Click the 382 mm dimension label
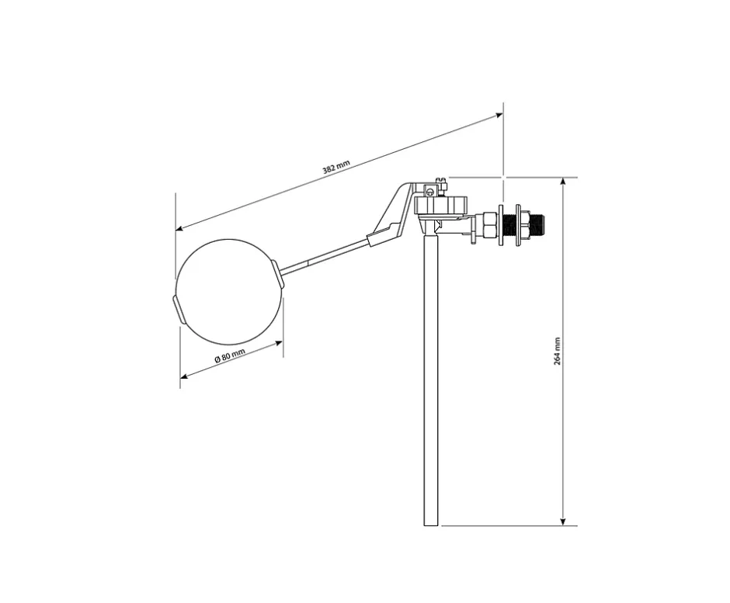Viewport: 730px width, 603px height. [335, 167]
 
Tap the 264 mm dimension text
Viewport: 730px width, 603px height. [558, 351]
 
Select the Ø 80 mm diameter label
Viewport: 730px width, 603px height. [230, 355]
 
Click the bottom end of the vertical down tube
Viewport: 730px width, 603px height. [431, 525]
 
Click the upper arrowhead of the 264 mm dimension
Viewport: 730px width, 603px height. [563, 181]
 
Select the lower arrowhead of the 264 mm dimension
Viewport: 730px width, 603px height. [563, 522]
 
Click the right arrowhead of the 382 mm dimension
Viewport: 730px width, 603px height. [499, 115]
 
